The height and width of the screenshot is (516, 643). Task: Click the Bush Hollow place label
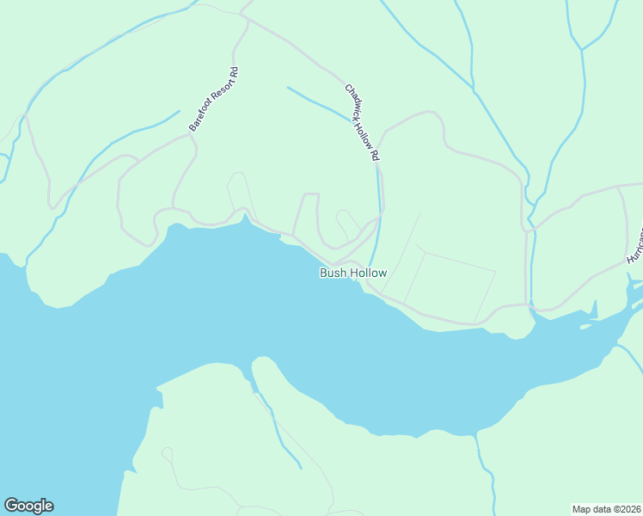353,273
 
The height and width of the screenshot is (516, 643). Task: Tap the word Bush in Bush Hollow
334,273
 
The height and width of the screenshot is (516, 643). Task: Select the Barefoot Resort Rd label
213,99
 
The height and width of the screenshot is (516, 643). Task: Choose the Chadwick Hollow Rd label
362,123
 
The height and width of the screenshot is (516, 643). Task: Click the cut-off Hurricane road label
635,245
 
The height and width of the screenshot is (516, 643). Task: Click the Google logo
28,506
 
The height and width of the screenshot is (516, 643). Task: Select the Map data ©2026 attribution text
606,508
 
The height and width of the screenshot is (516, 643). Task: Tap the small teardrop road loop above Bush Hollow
346,222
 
